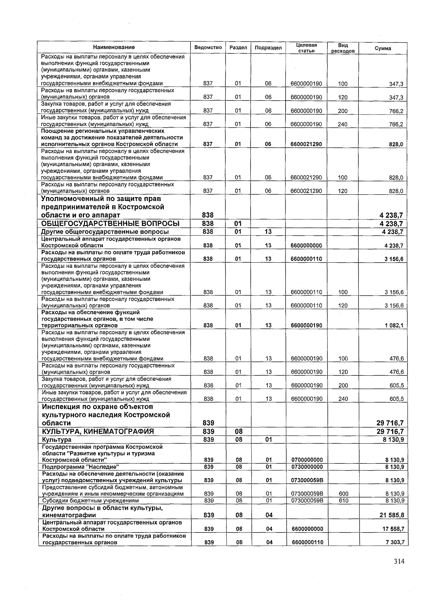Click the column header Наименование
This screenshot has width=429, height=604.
tap(114, 47)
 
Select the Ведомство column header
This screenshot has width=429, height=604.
tap(208, 48)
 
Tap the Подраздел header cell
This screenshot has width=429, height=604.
tap(268, 48)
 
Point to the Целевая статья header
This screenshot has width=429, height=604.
tap(306, 48)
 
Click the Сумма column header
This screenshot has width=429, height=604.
tap(383, 48)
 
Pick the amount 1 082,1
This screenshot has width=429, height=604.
tap(394, 326)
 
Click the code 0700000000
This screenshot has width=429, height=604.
tap(307, 460)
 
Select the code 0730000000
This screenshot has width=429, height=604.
tap(307, 467)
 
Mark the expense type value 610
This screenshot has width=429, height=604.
tap(343, 501)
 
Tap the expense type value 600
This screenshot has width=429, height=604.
tap(343, 494)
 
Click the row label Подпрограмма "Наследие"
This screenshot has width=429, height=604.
tap(80, 467)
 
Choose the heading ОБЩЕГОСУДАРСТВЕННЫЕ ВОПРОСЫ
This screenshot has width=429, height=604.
tap(110, 224)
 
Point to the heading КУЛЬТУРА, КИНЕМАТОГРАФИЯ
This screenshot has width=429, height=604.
tap(98, 432)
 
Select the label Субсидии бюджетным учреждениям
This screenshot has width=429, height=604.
tap(90, 501)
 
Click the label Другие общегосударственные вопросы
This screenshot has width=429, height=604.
tap(105, 232)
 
